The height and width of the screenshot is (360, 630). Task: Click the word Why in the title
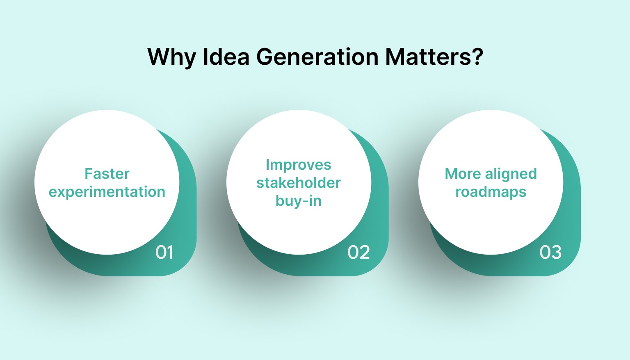click(x=171, y=57)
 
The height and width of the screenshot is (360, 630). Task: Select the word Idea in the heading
click(x=226, y=57)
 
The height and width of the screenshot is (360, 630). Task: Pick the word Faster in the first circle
click(x=107, y=174)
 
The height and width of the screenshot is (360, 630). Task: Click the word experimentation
click(x=107, y=192)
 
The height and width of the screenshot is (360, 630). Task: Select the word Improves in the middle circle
click(x=299, y=165)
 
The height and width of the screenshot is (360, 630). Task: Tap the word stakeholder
click(x=299, y=183)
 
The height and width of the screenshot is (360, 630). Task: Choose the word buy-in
click(x=299, y=201)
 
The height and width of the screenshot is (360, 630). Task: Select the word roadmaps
click(x=491, y=192)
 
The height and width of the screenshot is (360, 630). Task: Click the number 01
click(x=164, y=252)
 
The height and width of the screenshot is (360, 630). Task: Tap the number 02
click(x=358, y=252)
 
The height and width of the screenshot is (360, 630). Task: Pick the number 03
click(x=550, y=252)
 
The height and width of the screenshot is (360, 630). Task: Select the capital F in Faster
click(x=88, y=174)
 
